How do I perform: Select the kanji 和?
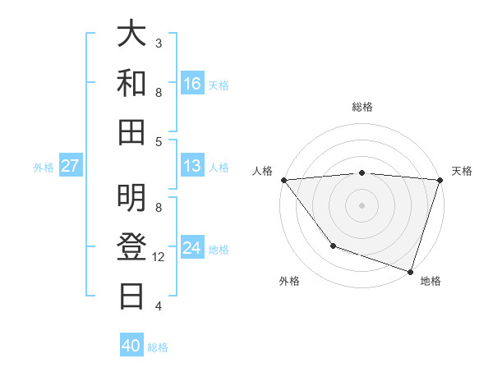(132, 83)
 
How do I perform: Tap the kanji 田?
(132, 131)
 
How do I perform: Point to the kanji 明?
(132, 197)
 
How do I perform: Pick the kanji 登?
(132, 246)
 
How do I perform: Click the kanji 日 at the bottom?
(132, 294)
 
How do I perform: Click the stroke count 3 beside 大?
(159, 43)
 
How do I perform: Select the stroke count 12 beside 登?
(159, 257)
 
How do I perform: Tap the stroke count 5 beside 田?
(159, 141)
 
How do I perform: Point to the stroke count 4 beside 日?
(159, 306)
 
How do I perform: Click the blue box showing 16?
(192, 84)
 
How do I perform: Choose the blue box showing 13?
(192, 166)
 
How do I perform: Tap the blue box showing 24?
(192, 248)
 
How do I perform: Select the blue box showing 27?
(70, 166)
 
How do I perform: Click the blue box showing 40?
(131, 346)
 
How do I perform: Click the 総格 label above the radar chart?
(362, 107)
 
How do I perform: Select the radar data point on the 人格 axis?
(283, 180)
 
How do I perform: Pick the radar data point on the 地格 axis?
(410, 271)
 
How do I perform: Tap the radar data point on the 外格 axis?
(333, 246)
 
